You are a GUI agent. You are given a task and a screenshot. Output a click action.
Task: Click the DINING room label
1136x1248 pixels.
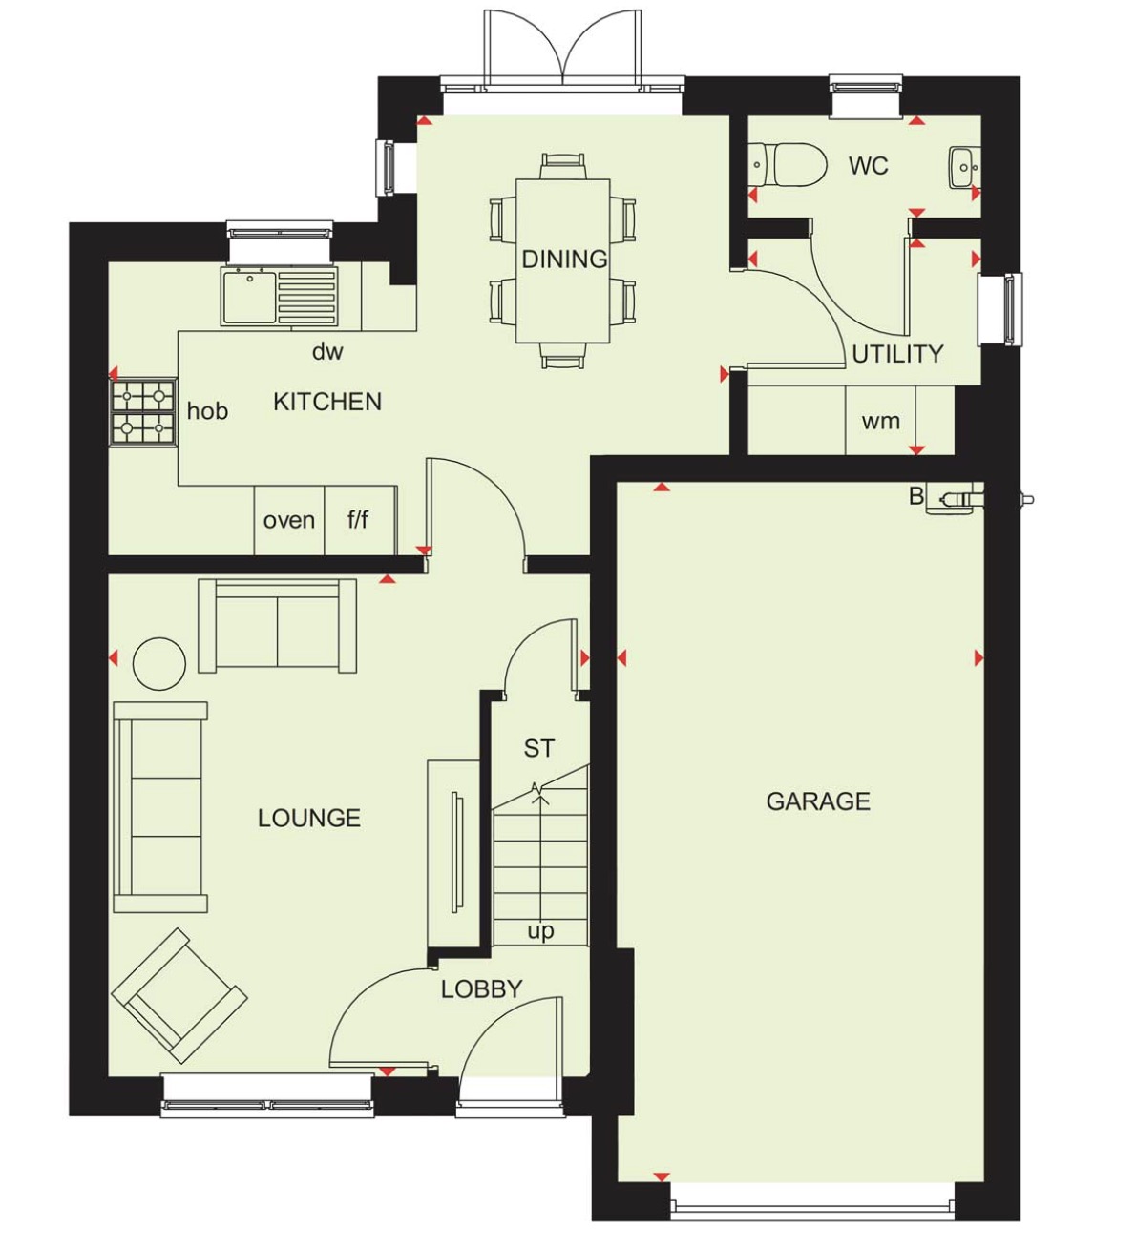coord(564,259)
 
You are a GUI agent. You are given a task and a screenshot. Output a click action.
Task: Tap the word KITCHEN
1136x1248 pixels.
coord(327,402)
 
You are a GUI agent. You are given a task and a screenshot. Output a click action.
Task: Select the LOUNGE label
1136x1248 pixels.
coord(309,818)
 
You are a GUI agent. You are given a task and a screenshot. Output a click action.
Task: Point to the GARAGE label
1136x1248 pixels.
coord(818,801)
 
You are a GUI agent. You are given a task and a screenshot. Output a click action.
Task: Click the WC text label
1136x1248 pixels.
coord(868,166)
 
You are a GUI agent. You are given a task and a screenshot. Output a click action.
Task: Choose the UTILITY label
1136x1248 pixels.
coord(897,354)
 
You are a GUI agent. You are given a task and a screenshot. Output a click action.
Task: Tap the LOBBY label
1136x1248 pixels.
coord(481,989)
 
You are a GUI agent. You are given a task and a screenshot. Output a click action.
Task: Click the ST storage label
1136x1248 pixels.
coord(538,749)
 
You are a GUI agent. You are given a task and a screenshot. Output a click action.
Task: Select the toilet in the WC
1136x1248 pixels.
coord(788,165)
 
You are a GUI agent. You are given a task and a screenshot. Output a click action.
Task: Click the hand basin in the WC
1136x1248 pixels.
coord(964,167)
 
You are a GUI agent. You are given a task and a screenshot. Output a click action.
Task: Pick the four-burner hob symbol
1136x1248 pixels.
coord(144,412)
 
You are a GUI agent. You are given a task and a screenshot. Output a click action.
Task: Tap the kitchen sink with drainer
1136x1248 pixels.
coord(279,297)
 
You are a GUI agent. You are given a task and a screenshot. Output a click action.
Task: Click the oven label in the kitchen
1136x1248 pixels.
coord(289,521)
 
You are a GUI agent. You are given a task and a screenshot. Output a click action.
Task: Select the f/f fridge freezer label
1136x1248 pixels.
coord(358,520)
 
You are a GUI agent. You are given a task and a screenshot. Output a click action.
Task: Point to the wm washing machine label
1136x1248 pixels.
coord(880,421)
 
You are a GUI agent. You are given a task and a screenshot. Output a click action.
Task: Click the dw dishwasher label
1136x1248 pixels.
coord(327,352)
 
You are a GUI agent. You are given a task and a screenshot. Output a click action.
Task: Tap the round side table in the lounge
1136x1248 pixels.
coord(159,663)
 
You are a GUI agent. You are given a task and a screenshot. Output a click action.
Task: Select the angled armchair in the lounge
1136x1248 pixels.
coord(179,995)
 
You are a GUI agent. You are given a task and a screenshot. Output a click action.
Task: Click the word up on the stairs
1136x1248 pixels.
coord(540,930)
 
